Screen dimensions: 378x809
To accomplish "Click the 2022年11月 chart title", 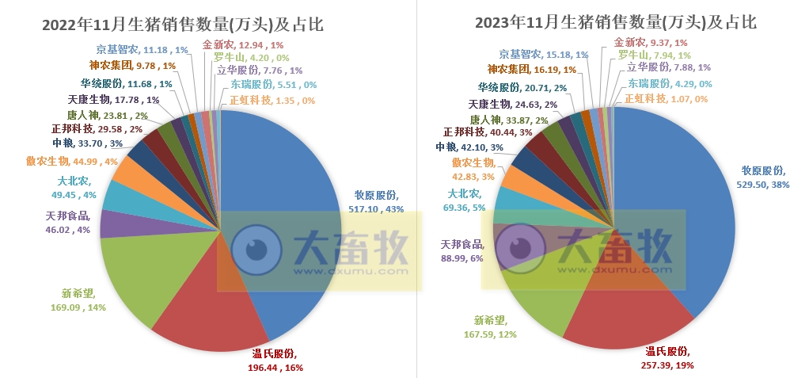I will point(193,24).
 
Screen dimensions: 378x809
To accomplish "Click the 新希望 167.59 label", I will point(490,327).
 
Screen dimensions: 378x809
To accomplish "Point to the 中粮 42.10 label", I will point(469,147).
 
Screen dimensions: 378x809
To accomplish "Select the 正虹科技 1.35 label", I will point(272,100).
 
